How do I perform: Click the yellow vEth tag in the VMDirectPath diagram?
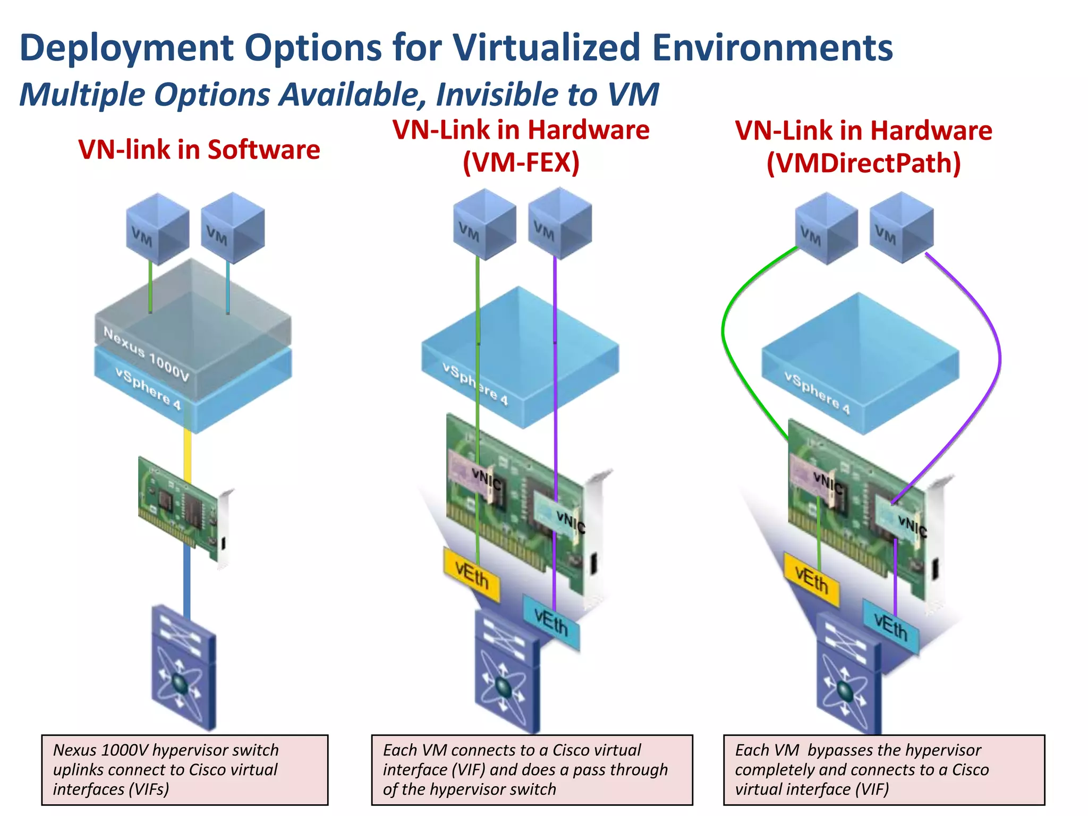[811, 580]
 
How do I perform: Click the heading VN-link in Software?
[199, 150]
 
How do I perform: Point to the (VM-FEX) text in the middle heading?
[521, 163]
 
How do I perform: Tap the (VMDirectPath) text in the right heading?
[863, 163]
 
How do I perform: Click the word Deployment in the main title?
[125, 48]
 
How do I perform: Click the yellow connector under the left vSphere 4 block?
[188, 454]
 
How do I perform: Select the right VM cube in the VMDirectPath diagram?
[901, 227]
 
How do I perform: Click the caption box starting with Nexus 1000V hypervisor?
[184, 769]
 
